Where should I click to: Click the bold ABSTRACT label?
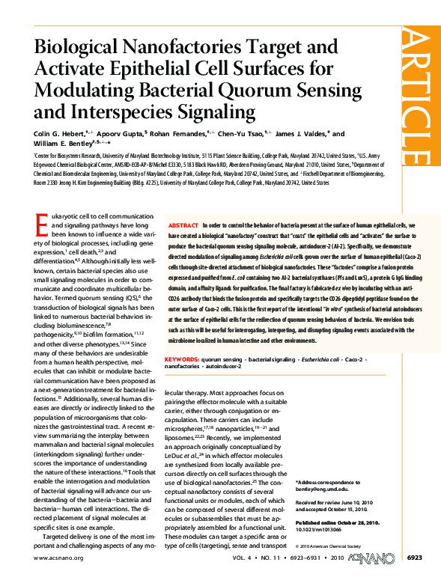click(x=183, y=225)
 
